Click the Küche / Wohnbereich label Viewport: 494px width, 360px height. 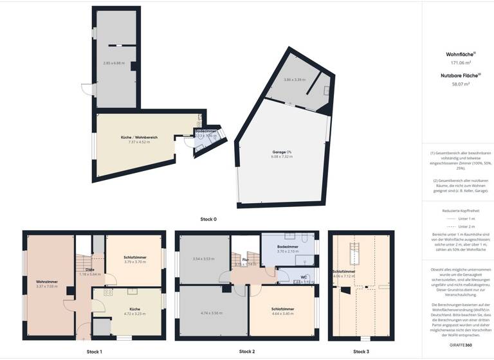tap(139, 138)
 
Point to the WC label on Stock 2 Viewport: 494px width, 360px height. tap(304, 278)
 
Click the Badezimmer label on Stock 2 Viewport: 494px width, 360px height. tap(288, 247)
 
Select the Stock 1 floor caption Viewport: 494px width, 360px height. tap(94, 352)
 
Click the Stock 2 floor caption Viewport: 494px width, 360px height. tap(247, 352)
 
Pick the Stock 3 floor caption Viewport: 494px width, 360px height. tap(361, 352)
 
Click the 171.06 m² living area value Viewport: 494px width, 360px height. tap(458, 63)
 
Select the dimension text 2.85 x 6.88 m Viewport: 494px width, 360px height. tap(114, 63)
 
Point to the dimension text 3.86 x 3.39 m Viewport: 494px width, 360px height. tap(294, 80)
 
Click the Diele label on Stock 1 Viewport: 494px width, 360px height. tap(90, 269)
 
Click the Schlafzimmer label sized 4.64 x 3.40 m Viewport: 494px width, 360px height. tap(283, 309)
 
